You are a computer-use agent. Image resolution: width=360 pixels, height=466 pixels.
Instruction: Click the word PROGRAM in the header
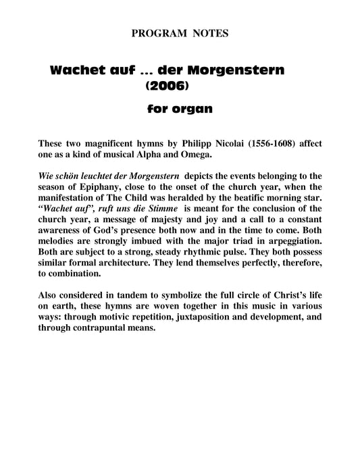[152, 32]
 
